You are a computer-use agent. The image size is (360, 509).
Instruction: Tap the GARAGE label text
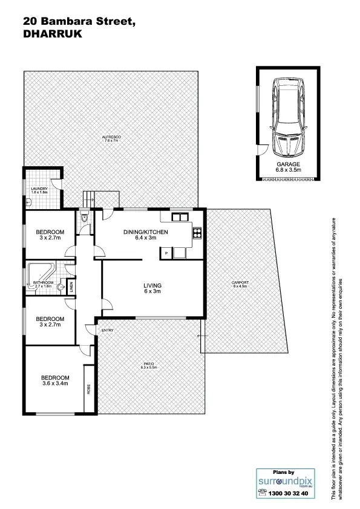coord(288,165)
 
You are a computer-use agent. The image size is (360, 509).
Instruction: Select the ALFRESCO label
coord(112,137)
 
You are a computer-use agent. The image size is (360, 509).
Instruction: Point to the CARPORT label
coord(240,283)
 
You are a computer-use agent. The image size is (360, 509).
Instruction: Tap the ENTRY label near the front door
coord(108,330)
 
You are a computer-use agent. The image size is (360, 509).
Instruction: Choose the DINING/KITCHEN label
coord(146,232)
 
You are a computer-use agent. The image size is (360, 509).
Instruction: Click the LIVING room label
coord(152,285)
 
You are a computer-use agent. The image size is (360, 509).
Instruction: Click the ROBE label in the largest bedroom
coord(89,389)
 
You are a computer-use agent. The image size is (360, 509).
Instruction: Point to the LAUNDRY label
coord(39,189)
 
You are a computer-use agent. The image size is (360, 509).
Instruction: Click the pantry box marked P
coord(166,253)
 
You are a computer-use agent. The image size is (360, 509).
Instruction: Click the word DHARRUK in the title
coord(51,34)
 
